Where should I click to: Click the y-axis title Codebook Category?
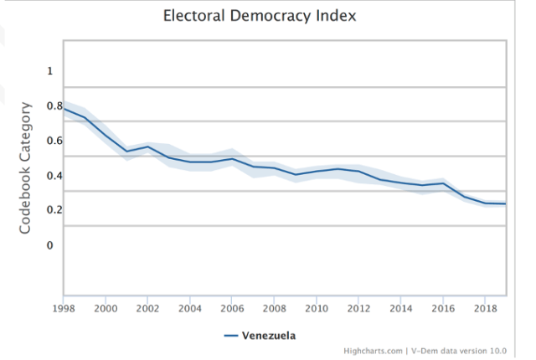pos(26,167)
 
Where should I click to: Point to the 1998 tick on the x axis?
pos(63,308)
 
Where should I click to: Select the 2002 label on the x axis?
pos(147,308)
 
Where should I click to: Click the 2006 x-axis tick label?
pos(232,308)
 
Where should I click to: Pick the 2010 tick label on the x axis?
pos(317,308)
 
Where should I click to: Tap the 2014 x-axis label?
pos(401,308)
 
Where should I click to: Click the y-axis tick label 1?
pos(49,71)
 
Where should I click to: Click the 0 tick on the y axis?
pos(49,245)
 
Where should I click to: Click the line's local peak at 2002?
pos(147,147)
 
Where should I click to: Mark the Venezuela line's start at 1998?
pos(64,109)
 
